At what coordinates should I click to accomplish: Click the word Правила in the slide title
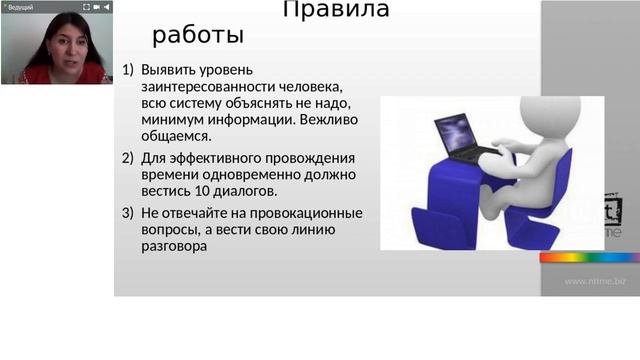pyautogui.click(x=336, y=11)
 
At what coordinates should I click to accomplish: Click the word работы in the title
pyautogui.click(x=198, y=36)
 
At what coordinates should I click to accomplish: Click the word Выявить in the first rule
pyautogui.click(x=170, y=71)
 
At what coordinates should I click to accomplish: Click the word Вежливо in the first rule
pyautogui.click(x=331, y=119)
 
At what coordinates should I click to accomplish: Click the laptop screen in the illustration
pyautogui.click(x=454, y=130)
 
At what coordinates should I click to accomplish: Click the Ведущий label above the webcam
pyautogui.click(x=21, y=7)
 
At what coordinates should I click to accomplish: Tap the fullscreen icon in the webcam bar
pyautogui.click(x=85, y=7)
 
